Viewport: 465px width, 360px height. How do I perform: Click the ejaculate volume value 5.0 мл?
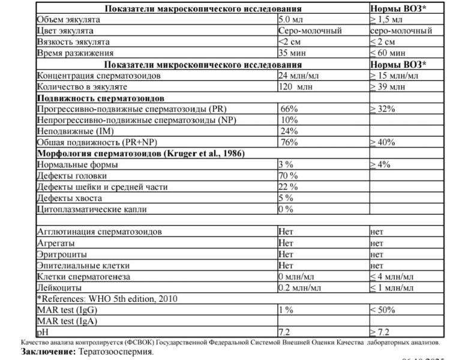click(x=290, y=20)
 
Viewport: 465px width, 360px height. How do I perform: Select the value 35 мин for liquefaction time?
click(x=292, y=53)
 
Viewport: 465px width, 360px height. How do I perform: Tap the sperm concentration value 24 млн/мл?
click(x=299, y=76)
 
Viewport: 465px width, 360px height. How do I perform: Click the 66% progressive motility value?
click(x=289, y=109)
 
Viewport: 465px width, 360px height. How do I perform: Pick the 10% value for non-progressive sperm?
click(x=289, y=120)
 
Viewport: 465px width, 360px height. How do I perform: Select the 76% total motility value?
click(x=289, y=142)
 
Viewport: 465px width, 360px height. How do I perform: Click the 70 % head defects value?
click(x=288, y=176)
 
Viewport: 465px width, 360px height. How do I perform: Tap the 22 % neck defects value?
click(x=288, y=187)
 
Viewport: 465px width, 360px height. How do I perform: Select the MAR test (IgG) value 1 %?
click(x=286, y=310)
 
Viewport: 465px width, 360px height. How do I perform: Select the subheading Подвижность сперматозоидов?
click(x=101, y=98)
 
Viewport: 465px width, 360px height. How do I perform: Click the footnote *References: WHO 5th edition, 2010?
click(x=108, y=299)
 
